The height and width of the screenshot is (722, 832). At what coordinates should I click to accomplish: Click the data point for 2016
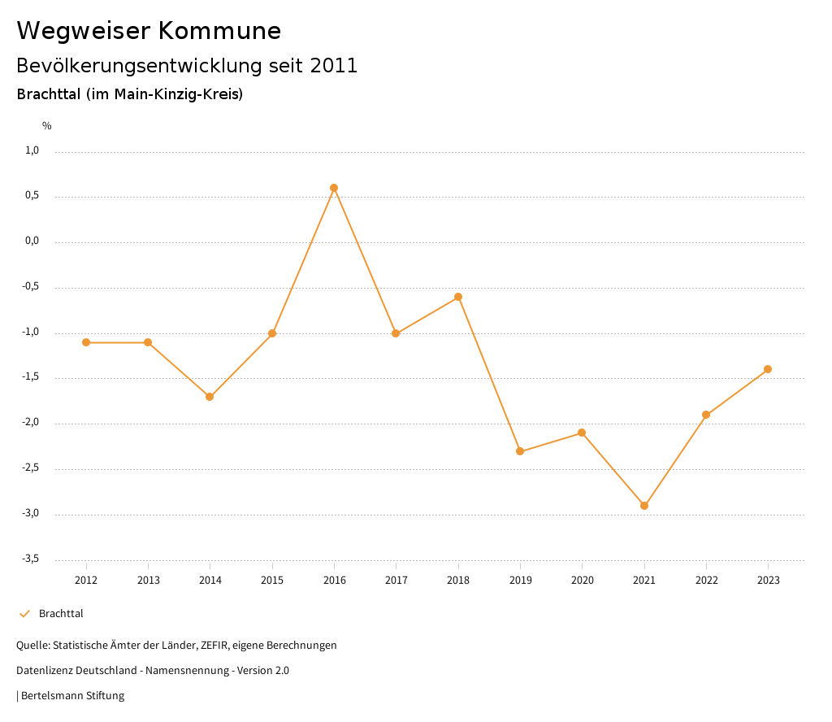coord(334,188)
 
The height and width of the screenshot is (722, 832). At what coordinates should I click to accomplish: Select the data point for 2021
coord(644,506)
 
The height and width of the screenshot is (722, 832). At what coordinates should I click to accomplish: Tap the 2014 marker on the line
coord(210,397)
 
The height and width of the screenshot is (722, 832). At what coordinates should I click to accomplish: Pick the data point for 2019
coord(520,451)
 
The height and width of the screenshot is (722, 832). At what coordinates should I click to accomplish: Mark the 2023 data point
coord(768,369)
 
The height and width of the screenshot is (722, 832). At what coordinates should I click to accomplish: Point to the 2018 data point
coord(458,297)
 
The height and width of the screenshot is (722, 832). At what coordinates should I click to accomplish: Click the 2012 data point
coord(86,342)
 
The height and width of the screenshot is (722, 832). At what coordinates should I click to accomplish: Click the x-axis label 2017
coord(396,581)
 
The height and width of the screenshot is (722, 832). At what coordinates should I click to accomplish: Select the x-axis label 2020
coord(582,581)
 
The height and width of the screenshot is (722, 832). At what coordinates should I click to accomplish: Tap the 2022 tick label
coord(706,581)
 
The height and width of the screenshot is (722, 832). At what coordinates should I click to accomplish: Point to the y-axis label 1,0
coord(32,150)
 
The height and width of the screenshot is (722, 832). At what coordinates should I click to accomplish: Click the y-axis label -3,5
coord(30,559)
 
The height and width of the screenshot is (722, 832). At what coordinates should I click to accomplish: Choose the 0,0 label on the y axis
coord(32,241)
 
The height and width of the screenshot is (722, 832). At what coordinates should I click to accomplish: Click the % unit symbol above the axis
coord(47,126)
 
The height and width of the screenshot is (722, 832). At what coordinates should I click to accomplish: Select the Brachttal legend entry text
coord(61,614)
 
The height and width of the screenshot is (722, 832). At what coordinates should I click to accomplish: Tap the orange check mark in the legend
coord(24,614)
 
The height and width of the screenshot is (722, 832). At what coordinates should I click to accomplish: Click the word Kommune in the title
coord(219,31)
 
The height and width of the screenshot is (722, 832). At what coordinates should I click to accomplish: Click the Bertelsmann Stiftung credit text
coord(72,696)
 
